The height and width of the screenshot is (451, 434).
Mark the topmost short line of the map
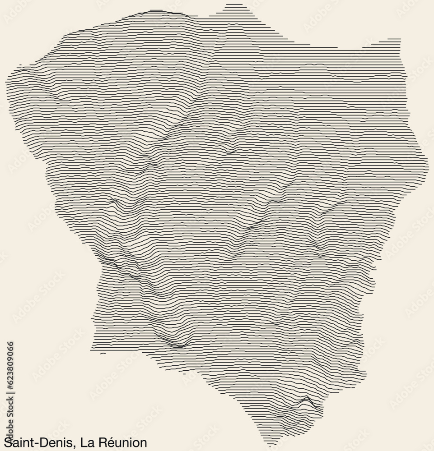pos(233,5)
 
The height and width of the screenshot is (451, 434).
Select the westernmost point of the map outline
pos(6,83)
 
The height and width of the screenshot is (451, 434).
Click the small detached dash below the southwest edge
pos(103,354)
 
